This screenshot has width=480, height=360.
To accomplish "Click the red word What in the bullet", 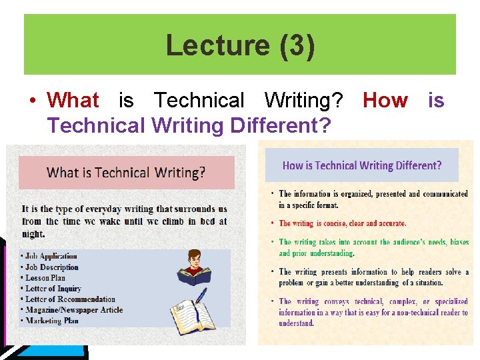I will click(73, 101).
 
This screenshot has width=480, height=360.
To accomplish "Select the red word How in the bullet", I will click(385, 101).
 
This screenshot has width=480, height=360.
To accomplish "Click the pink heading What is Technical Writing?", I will click(126, 173).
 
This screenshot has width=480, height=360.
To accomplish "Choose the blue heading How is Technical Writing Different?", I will click(362, 165).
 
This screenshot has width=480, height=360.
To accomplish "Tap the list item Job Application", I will click(51, 256).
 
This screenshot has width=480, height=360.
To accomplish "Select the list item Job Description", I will click(51, 267).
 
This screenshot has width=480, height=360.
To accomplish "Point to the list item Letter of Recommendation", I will click(70, 299).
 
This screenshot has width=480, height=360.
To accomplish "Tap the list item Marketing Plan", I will click(51, 320).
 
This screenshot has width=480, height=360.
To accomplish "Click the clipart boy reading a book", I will click(195, 267).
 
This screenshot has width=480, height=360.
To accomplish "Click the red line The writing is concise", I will click(342, 223).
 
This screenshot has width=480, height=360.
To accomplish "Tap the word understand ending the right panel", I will click(295, 323).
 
